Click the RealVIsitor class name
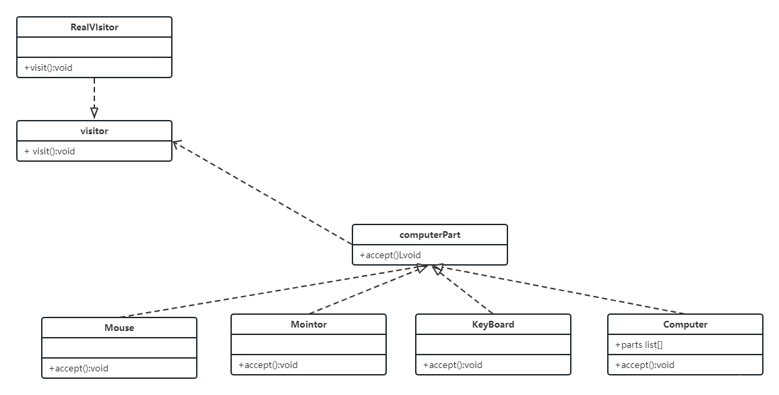[x=94, y=28]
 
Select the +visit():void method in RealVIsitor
[x=49, y=67]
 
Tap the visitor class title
[x=94, y=131]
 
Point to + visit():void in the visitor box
[x=49, y=152]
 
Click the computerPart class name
[x=430, y=235]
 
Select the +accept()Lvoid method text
[x=390, y=255]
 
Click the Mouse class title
[x=119, y=328]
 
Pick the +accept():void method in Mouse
[x=78, y=369]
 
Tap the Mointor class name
[x=309, y=324]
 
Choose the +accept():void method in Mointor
[x=268, y=365]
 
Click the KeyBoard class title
[x=493, y=324]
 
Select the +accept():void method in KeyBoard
[x=453, y=365]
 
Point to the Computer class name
[x=685, y=324]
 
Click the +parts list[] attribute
[x=638, y=345]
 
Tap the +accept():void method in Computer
[x=644, y=365]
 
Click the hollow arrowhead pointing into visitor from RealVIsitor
[x=94, y=113]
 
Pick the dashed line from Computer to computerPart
[x=559, y=290]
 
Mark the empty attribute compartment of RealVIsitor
[x=94, y=47]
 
